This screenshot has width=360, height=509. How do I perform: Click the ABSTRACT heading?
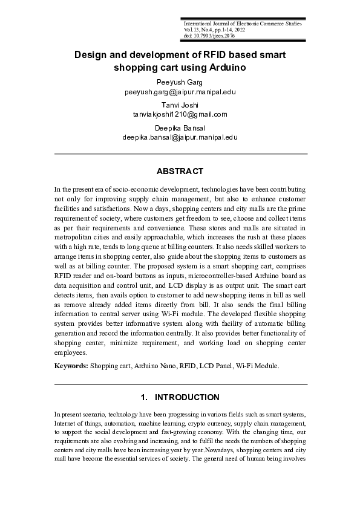(x=180, y=172)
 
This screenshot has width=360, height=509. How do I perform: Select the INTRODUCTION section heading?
(x=187, y=398)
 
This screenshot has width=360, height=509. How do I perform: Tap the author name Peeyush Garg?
(x=180, y=82)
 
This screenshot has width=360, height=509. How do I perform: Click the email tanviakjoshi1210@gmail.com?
(x=180, y=114)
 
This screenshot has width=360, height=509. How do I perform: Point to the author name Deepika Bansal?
(x=180, y=128)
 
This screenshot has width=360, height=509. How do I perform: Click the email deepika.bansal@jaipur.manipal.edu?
(x=180, y=137)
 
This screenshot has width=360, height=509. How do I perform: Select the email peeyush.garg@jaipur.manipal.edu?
(x=180, y=92)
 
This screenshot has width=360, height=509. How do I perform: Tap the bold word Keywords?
(x=71, y=366)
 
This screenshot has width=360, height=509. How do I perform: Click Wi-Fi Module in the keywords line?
(x=257, y=366)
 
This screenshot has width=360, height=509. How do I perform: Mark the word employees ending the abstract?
(x=71, y=352)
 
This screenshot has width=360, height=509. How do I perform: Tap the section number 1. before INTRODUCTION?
(x=144, y=398)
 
